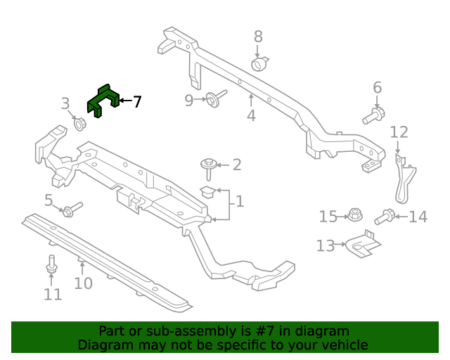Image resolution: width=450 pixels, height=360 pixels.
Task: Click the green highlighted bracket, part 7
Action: coord(103,100)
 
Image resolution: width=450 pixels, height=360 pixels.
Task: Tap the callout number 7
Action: coord(136,102)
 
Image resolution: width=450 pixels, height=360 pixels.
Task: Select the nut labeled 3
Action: coord(79,125)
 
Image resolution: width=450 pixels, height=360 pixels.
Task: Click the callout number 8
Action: coord(258,37)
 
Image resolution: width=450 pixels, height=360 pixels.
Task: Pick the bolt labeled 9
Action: coord(214,98)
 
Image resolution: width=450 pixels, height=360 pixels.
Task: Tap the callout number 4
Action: coord(251,115)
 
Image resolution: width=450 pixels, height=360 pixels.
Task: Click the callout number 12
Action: coord(399,131)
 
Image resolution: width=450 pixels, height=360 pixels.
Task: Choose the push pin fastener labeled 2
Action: coord(209,166)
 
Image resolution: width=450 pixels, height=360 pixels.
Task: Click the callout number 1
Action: coord(240,202)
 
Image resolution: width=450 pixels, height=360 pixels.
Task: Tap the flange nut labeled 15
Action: coord(354,214)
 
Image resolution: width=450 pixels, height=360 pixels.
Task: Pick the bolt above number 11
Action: coord(51,266)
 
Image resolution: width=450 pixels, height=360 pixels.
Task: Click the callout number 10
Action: coord(83,283)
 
